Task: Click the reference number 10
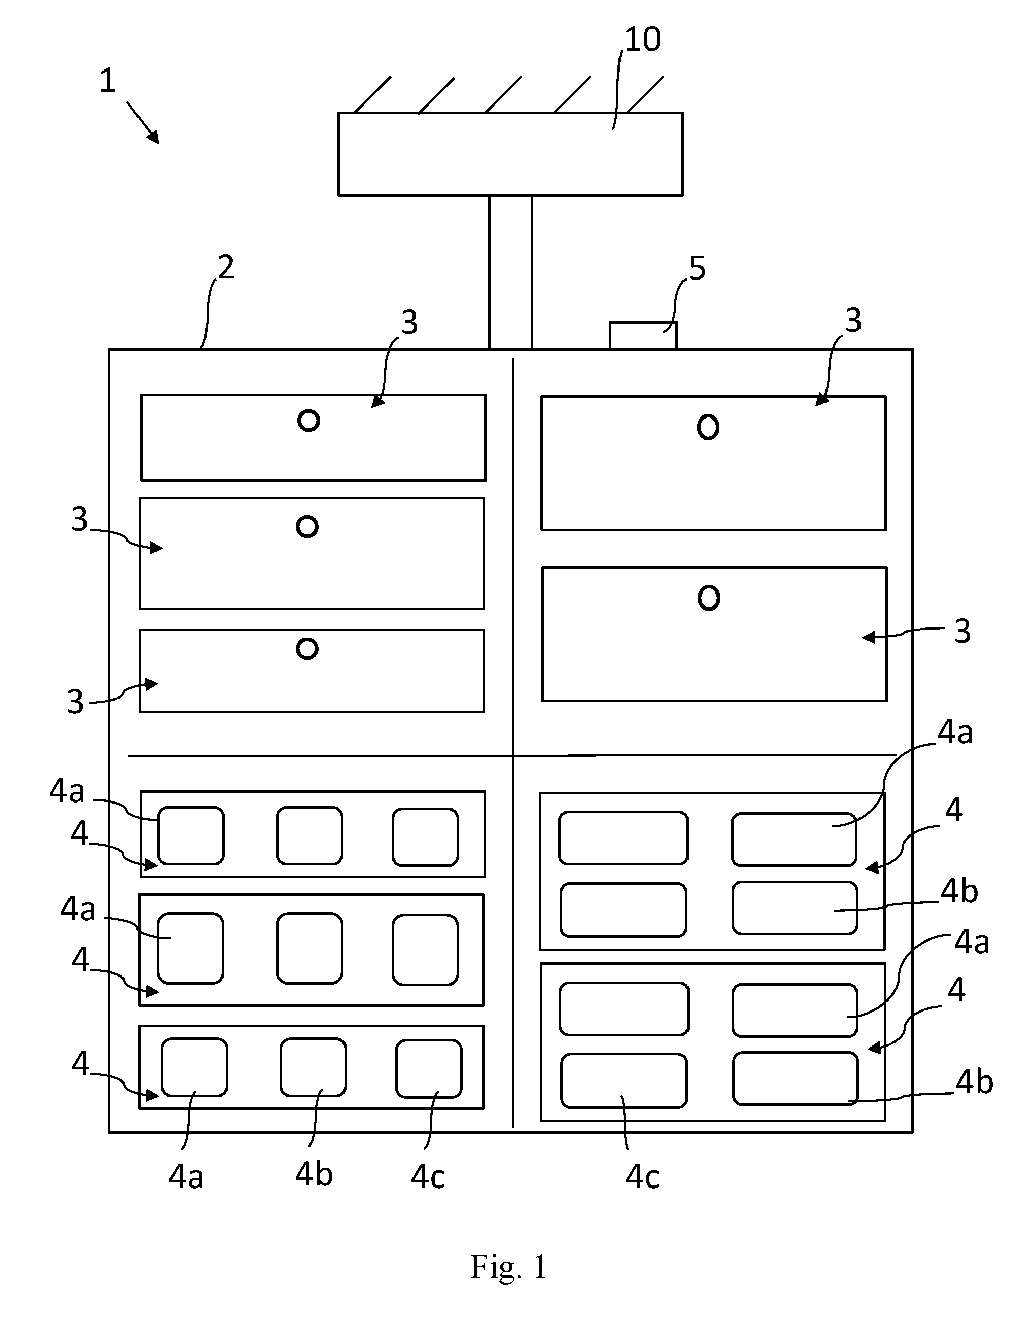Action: pos(642,40)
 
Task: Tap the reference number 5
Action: pos(697,268)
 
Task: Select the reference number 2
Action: pos(226,267)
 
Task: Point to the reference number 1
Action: pos(108,81)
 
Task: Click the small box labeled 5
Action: pos(643,335)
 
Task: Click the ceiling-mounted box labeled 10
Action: pos(510,154)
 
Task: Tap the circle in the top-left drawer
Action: pos(309,421)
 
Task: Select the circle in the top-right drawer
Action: pos(708,427)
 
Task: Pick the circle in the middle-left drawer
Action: pos(307,527)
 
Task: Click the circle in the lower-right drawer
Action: pos(709,598)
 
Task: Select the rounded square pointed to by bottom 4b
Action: pos(313,1067)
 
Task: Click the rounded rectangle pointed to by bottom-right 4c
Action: pos(624,1080)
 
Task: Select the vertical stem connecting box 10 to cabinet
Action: pos(510,272)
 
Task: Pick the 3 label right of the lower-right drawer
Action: pos(962,632)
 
